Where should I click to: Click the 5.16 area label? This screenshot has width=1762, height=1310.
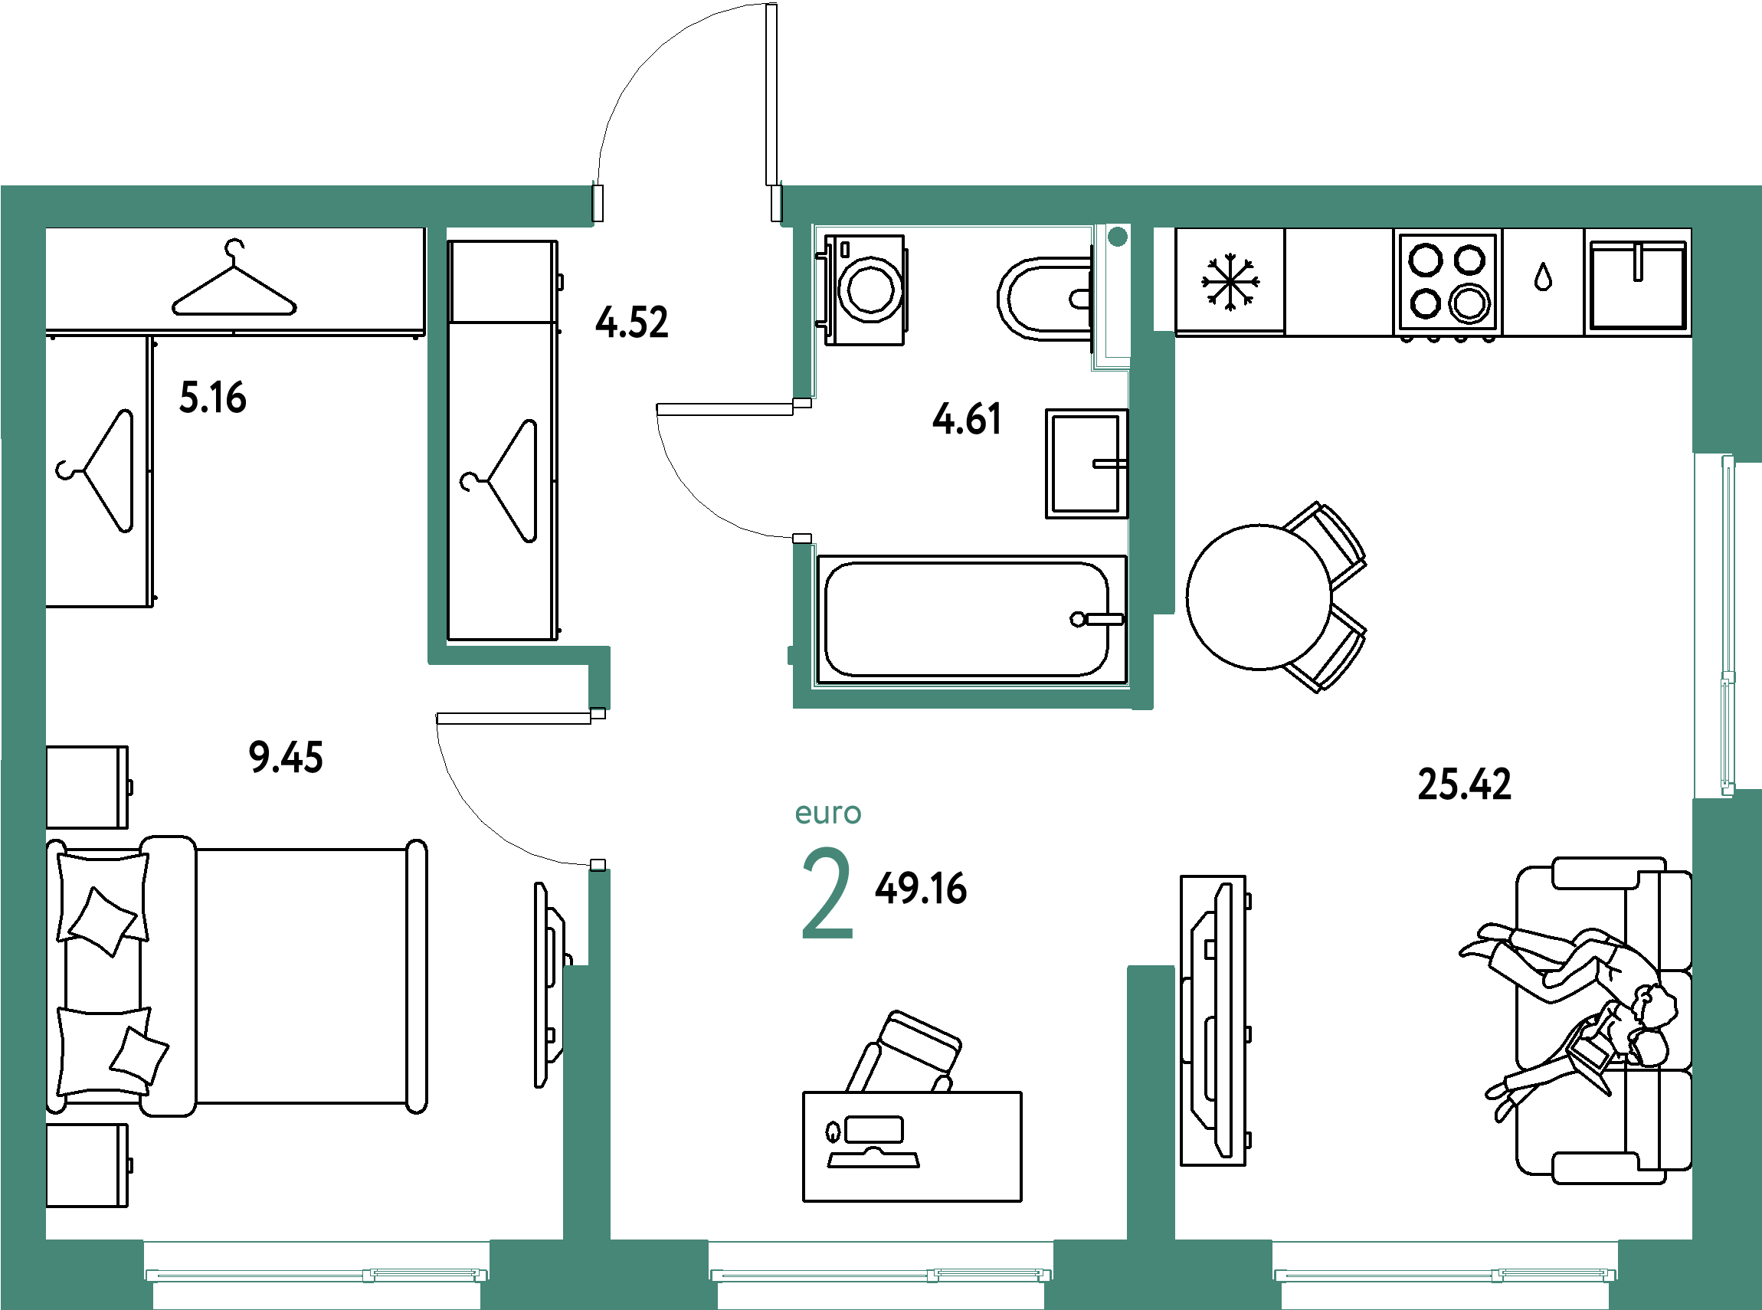coord(212,398)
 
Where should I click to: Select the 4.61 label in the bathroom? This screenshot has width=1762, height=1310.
coord(967,419)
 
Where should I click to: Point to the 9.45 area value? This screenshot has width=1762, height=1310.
coord(286,756)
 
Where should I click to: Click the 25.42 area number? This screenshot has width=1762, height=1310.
coord(1464,784)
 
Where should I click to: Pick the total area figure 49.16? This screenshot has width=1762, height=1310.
coord(921,888)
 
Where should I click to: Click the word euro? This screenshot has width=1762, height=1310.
coord(828,814)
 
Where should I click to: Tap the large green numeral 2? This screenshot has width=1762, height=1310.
coord(827,894)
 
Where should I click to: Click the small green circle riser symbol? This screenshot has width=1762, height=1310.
coord(1117,236)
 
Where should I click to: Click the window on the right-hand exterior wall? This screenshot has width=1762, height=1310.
coord(1727,627)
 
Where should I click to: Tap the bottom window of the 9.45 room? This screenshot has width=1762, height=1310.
coord(316,1274)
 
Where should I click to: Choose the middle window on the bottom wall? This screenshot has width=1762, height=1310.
coord(881,1274)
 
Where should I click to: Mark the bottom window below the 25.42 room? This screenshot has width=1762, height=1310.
coord(1445,1274)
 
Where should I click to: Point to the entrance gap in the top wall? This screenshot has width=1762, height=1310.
coord(687,205)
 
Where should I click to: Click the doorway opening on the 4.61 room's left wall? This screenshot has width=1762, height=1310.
coord(804,470)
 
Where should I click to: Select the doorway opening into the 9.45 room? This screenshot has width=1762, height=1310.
coord(600,789)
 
